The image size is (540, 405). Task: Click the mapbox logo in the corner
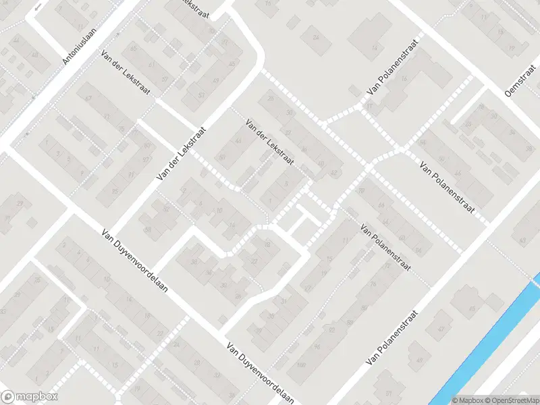click(x=30, y=397)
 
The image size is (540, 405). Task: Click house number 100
click(x=301, y=365)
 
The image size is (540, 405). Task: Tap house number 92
click(x=332, y=330)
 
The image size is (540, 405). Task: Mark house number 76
click(x=373, y=283)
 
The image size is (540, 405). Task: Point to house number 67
click(x=88, y=99)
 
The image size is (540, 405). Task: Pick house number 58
click(x=146, y=230)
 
